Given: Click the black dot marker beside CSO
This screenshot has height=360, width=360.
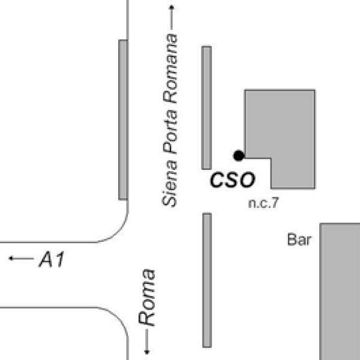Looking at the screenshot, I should coord(239,155).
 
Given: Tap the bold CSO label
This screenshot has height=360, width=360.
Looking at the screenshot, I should coord(232,179).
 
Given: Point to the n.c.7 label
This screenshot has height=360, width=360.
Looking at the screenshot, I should coord(263,203).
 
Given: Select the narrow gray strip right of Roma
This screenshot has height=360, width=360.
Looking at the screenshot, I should coord(207,280).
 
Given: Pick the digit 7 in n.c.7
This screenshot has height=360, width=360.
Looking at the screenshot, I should coord(274,203).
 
